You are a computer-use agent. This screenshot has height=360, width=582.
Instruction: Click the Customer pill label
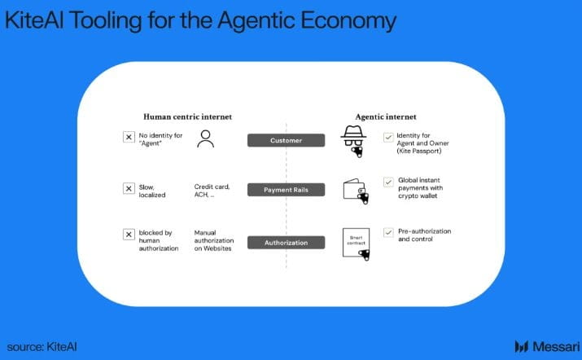286,140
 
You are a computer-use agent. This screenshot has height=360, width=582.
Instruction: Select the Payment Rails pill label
286,190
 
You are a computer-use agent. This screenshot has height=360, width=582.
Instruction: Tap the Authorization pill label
286,243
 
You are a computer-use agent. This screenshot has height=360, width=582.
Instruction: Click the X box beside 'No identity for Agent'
129,137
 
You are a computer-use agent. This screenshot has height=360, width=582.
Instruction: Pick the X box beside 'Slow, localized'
129,188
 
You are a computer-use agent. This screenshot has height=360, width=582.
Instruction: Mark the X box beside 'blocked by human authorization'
129,235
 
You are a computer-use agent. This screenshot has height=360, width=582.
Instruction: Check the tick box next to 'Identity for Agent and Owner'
387,137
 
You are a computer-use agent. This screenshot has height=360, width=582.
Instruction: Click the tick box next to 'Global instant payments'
387,182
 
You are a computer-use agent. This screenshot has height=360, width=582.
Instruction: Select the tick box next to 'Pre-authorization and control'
387,232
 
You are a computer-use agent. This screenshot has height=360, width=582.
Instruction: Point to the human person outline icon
206,139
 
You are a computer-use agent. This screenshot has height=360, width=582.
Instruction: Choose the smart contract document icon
357,243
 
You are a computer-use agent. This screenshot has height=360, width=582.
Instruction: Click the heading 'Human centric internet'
188,117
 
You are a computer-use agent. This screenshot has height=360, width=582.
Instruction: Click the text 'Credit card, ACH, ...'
212,191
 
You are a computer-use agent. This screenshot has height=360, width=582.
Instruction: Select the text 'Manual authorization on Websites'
213,240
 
